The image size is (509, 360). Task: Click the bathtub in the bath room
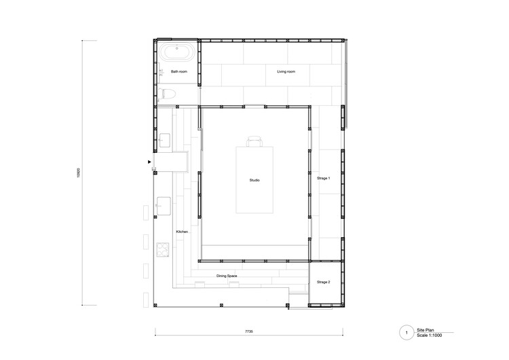pyautogui.click(x=177, y=52)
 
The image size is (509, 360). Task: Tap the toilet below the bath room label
pyautogui.click(x=167, y=94)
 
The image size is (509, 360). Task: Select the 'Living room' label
pyautogui.click(x=286, y=71)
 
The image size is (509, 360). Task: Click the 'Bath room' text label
pyautogui.click(x=179, y=71)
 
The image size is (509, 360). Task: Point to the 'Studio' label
pyautogui.click(x=254, y=180)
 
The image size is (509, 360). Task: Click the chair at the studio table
pyautogui.click(x=254, y=142)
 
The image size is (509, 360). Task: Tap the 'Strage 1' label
pyautogui.click(x=323, y=178)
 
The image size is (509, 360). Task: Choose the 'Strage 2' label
pyautogui.click(x=323, y=282)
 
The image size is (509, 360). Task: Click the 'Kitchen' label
pyautogui.click(x=182, y=232)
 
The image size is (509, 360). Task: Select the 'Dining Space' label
pyautogui.click(x=227, y=276)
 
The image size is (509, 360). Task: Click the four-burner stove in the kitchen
pyautogui.click(x=163, y=250)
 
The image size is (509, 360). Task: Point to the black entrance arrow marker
pyautogui.click(x=149, y=162)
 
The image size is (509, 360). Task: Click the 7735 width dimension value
pyautogui.click(x=248, y=331)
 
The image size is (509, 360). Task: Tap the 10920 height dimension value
pyautogui.click(x=78, y=173)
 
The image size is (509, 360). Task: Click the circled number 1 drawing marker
pyautogui.click(x=407, y=333)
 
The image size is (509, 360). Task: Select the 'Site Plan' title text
pyautogui.click(x=426, y=330)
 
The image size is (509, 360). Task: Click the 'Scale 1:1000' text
pyautogui.click(x=430, y=336)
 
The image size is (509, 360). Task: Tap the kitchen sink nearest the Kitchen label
pyautogui.click(x=164, y=206)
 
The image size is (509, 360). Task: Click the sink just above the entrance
pyautogui.click(x=165, y=140)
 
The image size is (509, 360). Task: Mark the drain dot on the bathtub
pyautogui.click(x=177, y=48)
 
